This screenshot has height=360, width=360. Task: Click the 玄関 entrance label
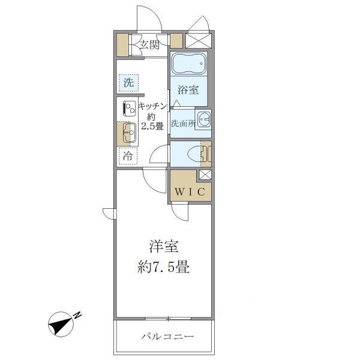pos(149,43)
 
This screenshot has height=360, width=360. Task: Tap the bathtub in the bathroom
pos(188,64)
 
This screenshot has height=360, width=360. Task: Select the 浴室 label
pos(188,91)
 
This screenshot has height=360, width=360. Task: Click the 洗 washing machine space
pos(128,83)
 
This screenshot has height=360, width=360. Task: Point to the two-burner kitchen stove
pos(129,109)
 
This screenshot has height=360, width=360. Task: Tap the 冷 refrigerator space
pos(128,157)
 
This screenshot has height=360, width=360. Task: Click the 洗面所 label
pos(182,124)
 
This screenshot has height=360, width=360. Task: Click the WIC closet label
pos(191,192)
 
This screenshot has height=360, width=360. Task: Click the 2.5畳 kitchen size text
pos(151,126)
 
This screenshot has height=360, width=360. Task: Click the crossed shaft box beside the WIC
pos(205,176)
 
